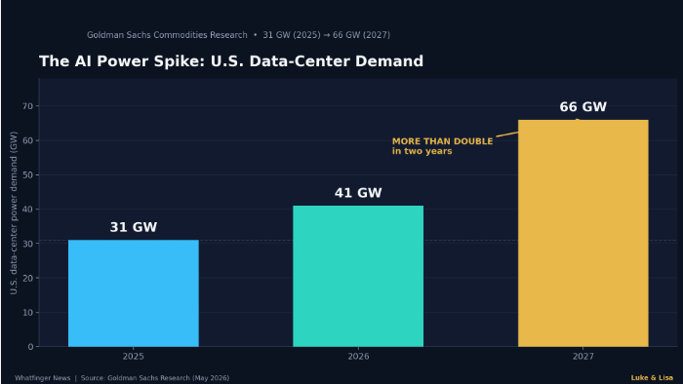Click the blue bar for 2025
134,293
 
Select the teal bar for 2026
358,276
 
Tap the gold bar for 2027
583,233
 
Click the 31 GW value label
134,227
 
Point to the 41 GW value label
358,193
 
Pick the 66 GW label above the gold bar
583,107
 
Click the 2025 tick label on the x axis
134,357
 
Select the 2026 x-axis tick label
358,357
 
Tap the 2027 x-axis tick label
583,357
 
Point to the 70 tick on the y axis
28,106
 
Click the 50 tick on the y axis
28,174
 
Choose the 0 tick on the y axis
30,347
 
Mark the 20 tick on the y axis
28,278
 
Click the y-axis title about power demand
14,212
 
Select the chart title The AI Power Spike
231,61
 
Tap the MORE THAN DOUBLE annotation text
443,141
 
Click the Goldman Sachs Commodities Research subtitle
167,35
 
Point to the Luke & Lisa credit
652,378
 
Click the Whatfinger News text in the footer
43,378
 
